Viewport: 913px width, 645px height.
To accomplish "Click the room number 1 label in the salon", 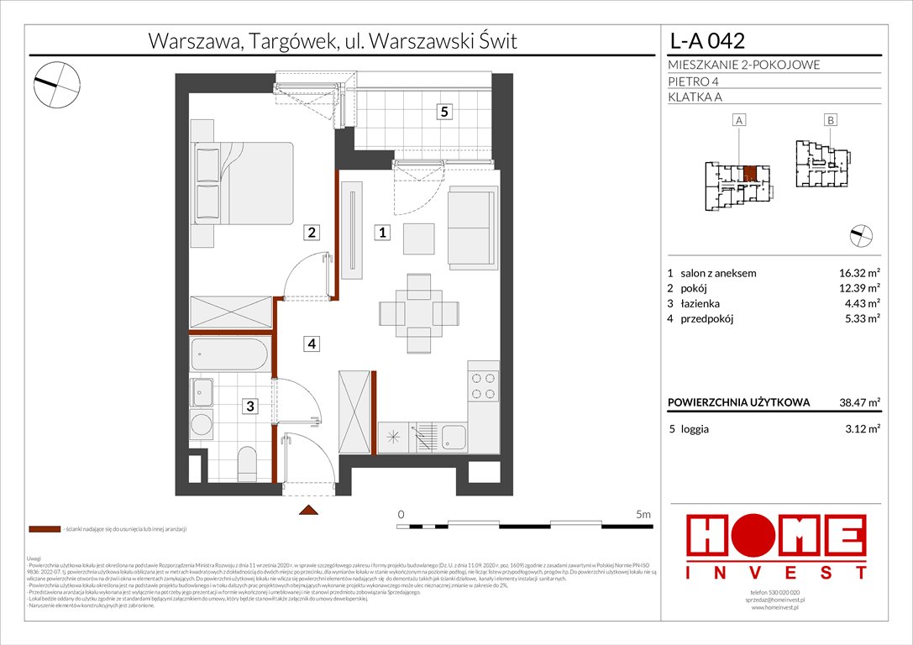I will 381,233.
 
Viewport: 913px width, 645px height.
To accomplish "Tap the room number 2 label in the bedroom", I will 311,233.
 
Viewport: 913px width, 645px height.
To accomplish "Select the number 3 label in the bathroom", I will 250,407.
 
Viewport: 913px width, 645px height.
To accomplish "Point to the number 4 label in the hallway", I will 311,343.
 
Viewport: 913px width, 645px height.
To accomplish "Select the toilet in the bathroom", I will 248,460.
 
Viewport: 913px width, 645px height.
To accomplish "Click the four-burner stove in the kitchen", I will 484,385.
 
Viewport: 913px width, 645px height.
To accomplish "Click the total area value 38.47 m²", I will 856,403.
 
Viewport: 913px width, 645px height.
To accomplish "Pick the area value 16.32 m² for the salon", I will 856,273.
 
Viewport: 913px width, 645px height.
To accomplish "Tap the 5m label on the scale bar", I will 643,513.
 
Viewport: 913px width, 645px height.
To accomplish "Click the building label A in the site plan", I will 739,121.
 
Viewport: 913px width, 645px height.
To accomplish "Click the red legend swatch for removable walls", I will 44,530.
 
